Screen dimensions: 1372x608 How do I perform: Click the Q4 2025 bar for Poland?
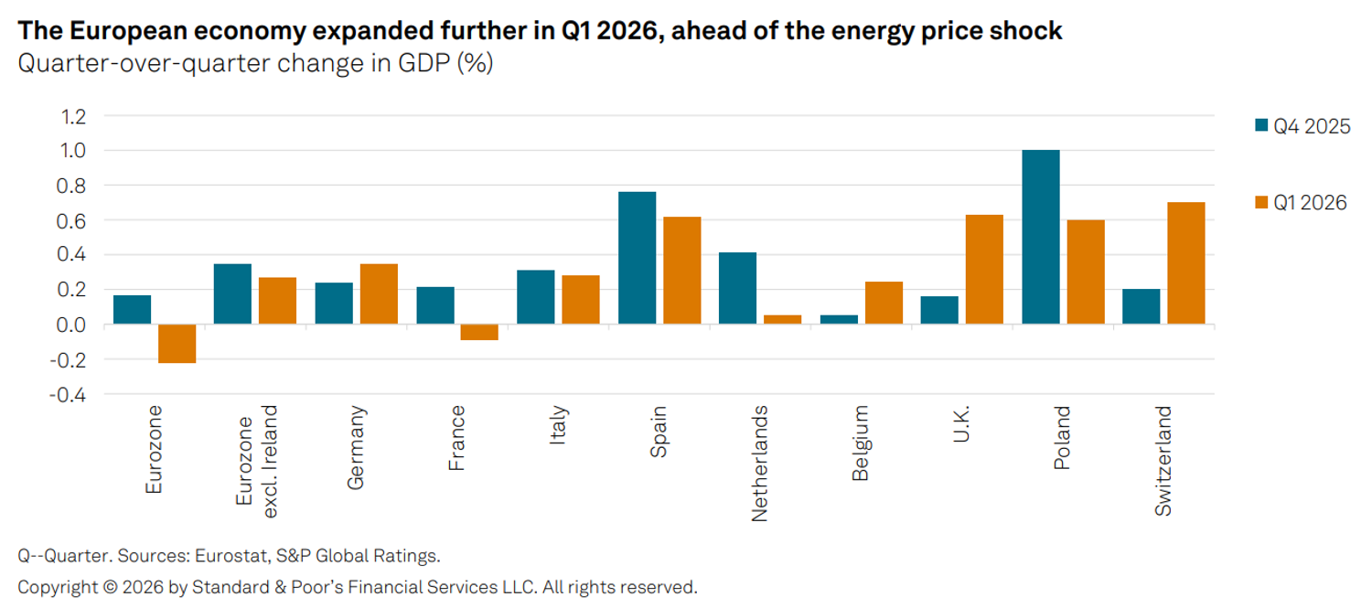(x=1041, y=237)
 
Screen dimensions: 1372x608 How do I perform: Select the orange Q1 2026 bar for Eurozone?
(x=177, y=344)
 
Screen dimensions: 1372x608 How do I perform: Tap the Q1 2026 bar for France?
(x=479, y=332)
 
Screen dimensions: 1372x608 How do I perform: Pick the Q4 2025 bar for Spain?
(x=637, y=258)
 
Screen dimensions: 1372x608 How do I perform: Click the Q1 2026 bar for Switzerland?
(x=1185, y=263)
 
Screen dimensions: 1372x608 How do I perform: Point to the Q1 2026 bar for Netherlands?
(x=782, y=320)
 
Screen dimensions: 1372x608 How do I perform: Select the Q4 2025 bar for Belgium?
(x=839, y=320)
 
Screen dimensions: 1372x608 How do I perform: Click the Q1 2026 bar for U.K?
(x=984, y=270)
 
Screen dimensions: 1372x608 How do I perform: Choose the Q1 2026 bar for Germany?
(x=379, y=293)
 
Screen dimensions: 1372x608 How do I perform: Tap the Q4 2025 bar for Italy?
(x=535, y=297)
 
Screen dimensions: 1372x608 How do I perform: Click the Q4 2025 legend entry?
(x=1302, y=126)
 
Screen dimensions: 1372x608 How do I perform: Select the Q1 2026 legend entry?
(x=1301, y=203)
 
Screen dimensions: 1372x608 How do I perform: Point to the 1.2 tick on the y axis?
(x=73, y=116)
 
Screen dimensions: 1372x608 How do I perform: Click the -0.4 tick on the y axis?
(x=68, y=394)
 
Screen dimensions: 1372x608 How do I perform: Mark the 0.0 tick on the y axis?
(x=71, y=325)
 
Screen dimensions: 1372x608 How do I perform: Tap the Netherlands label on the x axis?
(x=759, y=464)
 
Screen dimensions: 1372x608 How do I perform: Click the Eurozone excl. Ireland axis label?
(x=257, y=462)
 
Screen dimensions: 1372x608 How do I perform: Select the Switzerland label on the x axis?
(x=1163, y=461)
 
